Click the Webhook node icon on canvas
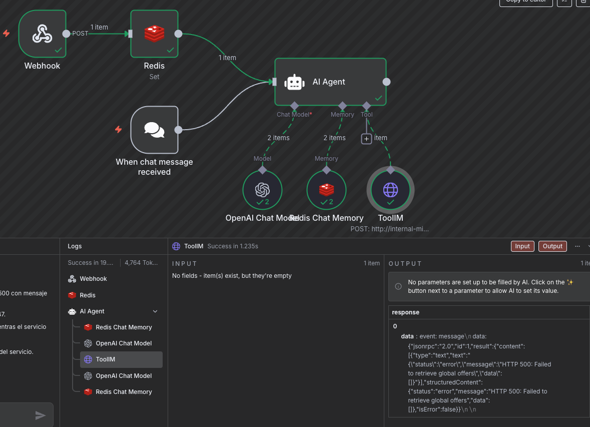[x=43, y=34]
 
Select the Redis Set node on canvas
[x=154, y=34]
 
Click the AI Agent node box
[x=330, y=82]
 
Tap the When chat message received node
[x=154, y=130]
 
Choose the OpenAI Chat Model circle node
[x=262, y=190]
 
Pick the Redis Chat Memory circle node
[x=326, y=190]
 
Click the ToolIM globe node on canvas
[x=390, y=190]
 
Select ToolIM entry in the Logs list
[x=106, y=359]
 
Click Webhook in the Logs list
[x=93, y=279]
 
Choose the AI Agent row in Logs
[x=92, y=311]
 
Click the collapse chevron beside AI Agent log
[x=155, y=311]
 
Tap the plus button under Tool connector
[x=367, y=139]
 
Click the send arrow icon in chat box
[x=41, y=415]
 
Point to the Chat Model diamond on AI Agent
[x=294, y=106]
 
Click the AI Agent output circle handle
[x=386, y=82]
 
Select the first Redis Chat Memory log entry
[x=124, y=327]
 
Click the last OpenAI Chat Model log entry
[x=124, y=376]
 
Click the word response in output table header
[x=405, y=312]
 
